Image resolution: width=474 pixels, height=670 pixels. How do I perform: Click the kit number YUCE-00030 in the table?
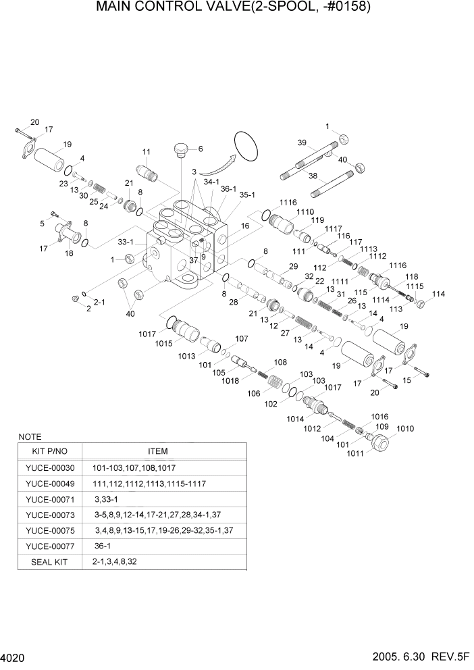(x=50, y=468)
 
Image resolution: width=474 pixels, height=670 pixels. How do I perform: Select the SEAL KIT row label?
(x=50, y=561)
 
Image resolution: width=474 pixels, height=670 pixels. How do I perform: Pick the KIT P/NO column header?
(x=50, y=451)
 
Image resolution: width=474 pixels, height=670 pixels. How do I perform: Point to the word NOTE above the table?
(x=30, y=437)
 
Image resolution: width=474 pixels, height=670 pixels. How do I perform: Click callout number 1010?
(x=405, y=429)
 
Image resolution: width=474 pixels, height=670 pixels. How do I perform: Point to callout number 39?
(x=302, y=142)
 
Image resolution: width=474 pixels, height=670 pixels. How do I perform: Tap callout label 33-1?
(x=126, y=242)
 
